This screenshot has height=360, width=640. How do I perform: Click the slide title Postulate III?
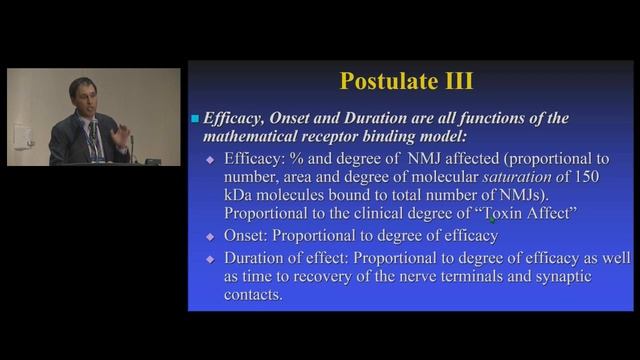coord(406,81)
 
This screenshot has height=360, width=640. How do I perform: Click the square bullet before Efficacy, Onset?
coord(196,119)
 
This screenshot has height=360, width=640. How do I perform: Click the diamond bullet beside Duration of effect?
coord(210,259)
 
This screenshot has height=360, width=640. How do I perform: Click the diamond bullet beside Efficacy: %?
coord(210,160)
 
